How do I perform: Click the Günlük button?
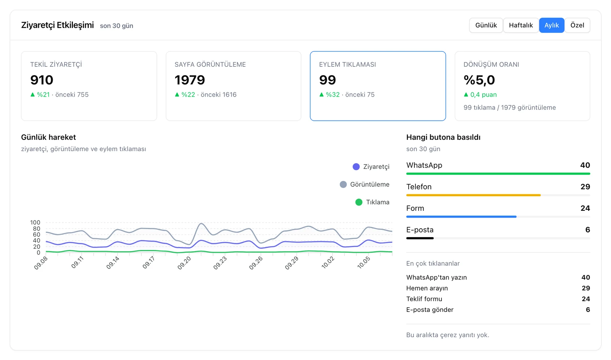pyautogui.click(x=486, y=25)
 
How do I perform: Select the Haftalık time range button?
pyautogui.click(x=521, y=25)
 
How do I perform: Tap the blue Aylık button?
pyautogui.click(x=551, y=25)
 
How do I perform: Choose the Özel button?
pyautogui.click(x=577, y=25)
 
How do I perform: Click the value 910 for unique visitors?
pyautogui.click(x=42, y=80)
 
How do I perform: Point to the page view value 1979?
pyautogui.click(x=190, y=80)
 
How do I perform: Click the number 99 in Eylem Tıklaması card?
pyautogui.click(x=327, y=80)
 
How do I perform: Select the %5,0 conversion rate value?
pyautogui.click(x=479, y=80)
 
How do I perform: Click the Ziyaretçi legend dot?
pyautogui.click(x=356, y=166)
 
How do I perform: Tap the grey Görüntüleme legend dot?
pyautogui.click(x=343, y=184)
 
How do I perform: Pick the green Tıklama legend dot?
pyautogui.click(x=359, y=202)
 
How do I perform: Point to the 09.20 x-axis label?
pyautogui.click(x=184, y=263)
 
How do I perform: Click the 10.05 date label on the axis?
pyautogui.click(x=364, y=263)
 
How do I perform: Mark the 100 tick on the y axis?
pyautogui.click(x=35, y=223)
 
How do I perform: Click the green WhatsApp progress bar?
pyautogui.click(x=498, y=174)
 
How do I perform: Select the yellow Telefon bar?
pyautogui.click(x=473, y=195)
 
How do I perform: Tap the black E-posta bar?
pyautogui.click(x=420, y=238)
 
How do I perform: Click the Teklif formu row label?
pyautogui.click(x=424, y=299)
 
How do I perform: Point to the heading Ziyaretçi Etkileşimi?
pyautogui.click(x=57, y=25)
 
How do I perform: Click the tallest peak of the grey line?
pyautogui.click(x=201, y=223)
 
